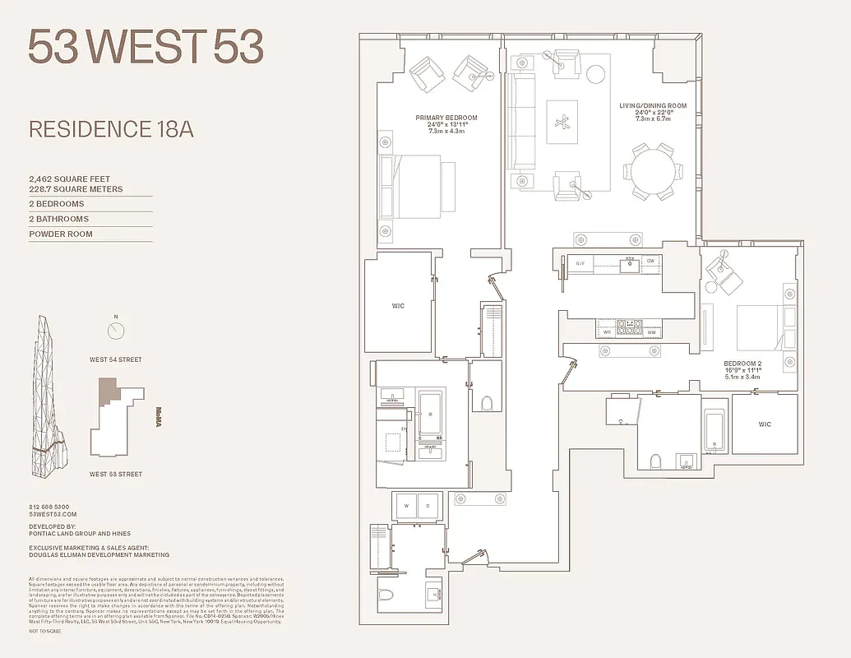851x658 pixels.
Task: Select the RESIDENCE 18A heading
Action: pos(111,129)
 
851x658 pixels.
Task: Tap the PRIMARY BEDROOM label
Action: pos(446,118)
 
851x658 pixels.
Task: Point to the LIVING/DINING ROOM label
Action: pos(653,106)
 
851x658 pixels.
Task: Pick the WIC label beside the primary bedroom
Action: pos(398,306)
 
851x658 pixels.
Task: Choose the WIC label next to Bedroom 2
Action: pos(765,424)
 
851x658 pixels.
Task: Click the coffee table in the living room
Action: pos(562,123)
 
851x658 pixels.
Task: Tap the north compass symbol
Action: pos(116,331)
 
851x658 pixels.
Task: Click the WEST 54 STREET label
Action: pos(116,359)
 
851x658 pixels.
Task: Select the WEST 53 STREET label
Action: pos(116,474)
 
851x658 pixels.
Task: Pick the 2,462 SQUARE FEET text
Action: pos(69,178)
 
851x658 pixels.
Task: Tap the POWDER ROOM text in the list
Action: pos(61,234)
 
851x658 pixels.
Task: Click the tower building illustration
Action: pos(50,395)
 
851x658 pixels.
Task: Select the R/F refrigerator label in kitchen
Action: pos(580,263)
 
